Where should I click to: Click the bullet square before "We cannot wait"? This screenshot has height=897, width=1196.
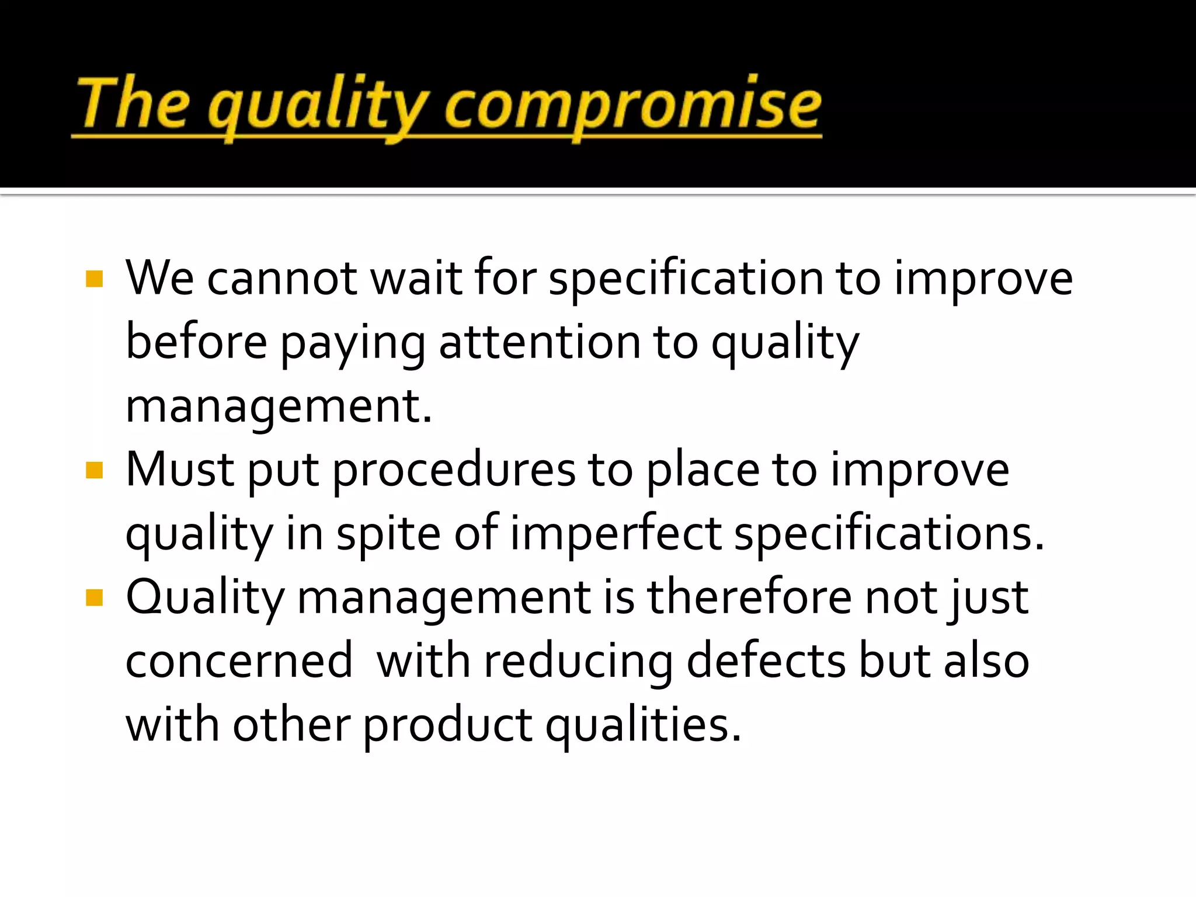click(x=94, y=279)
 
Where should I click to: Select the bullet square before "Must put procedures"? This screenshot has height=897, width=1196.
click(x=94, y=470)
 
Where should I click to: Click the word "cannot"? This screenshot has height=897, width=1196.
click(x=282, y=279)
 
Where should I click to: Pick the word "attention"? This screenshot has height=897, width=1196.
click(x=539, y=343)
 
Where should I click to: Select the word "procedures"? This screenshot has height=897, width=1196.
click(x=454, y=470)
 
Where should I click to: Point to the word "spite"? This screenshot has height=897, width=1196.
click(x=388, y=534)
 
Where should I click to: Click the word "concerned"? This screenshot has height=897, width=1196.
click(x=239, y=662)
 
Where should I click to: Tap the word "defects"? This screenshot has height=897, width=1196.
click(x=766, y=662)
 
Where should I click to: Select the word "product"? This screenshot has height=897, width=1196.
click(x=447, y=726)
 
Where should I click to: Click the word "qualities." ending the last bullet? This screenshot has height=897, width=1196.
click(x=643, y=726)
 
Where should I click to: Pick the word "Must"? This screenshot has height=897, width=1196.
click(x=180, y=470)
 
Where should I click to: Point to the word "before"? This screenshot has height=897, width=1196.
click(x=196, y=343)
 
